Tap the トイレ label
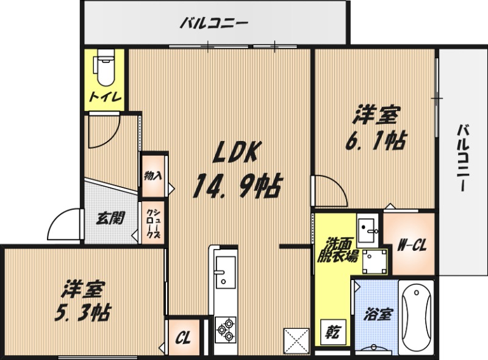[x=105, y=96]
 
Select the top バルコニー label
[x=213, y=24]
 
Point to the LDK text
[x=236, y=153]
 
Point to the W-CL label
[x=412, y=246]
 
